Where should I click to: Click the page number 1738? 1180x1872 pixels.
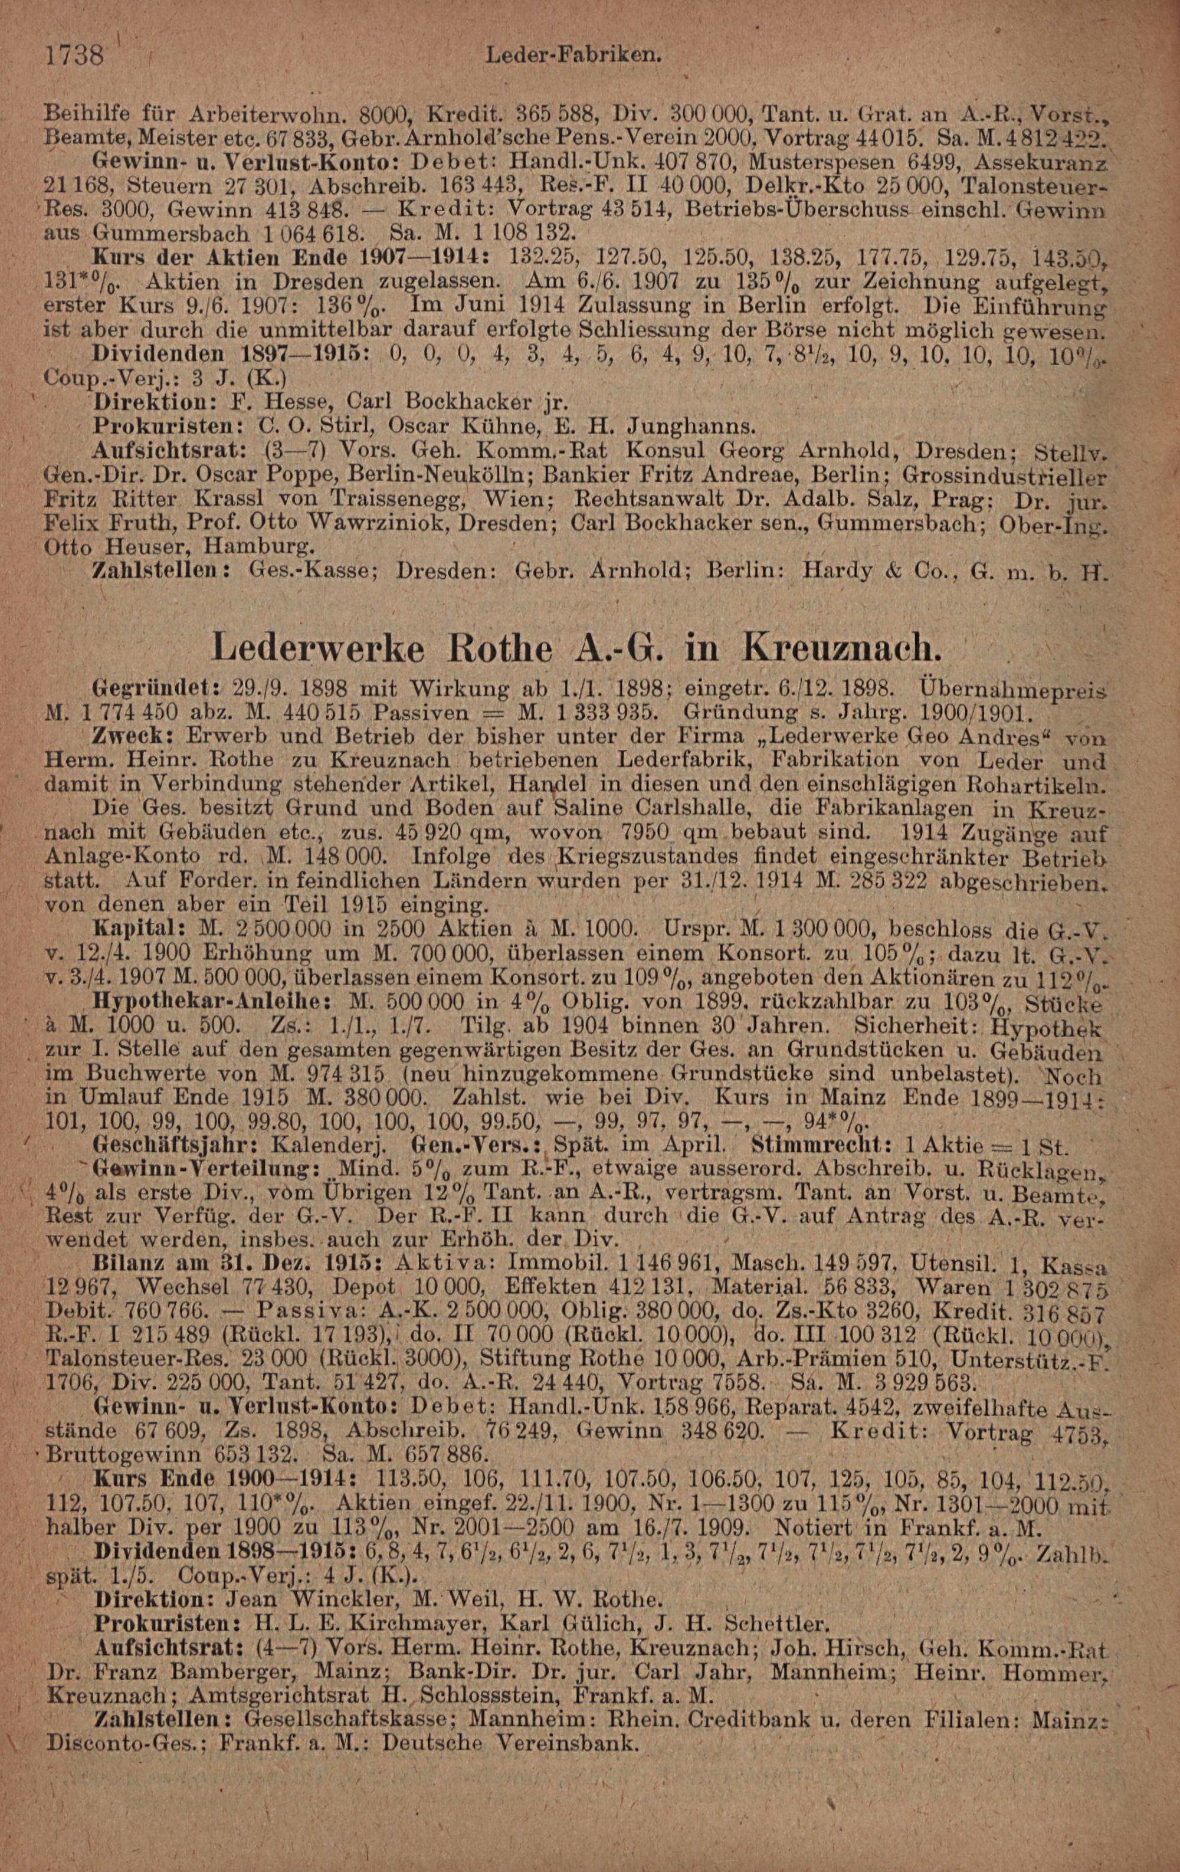coord(76,56)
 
